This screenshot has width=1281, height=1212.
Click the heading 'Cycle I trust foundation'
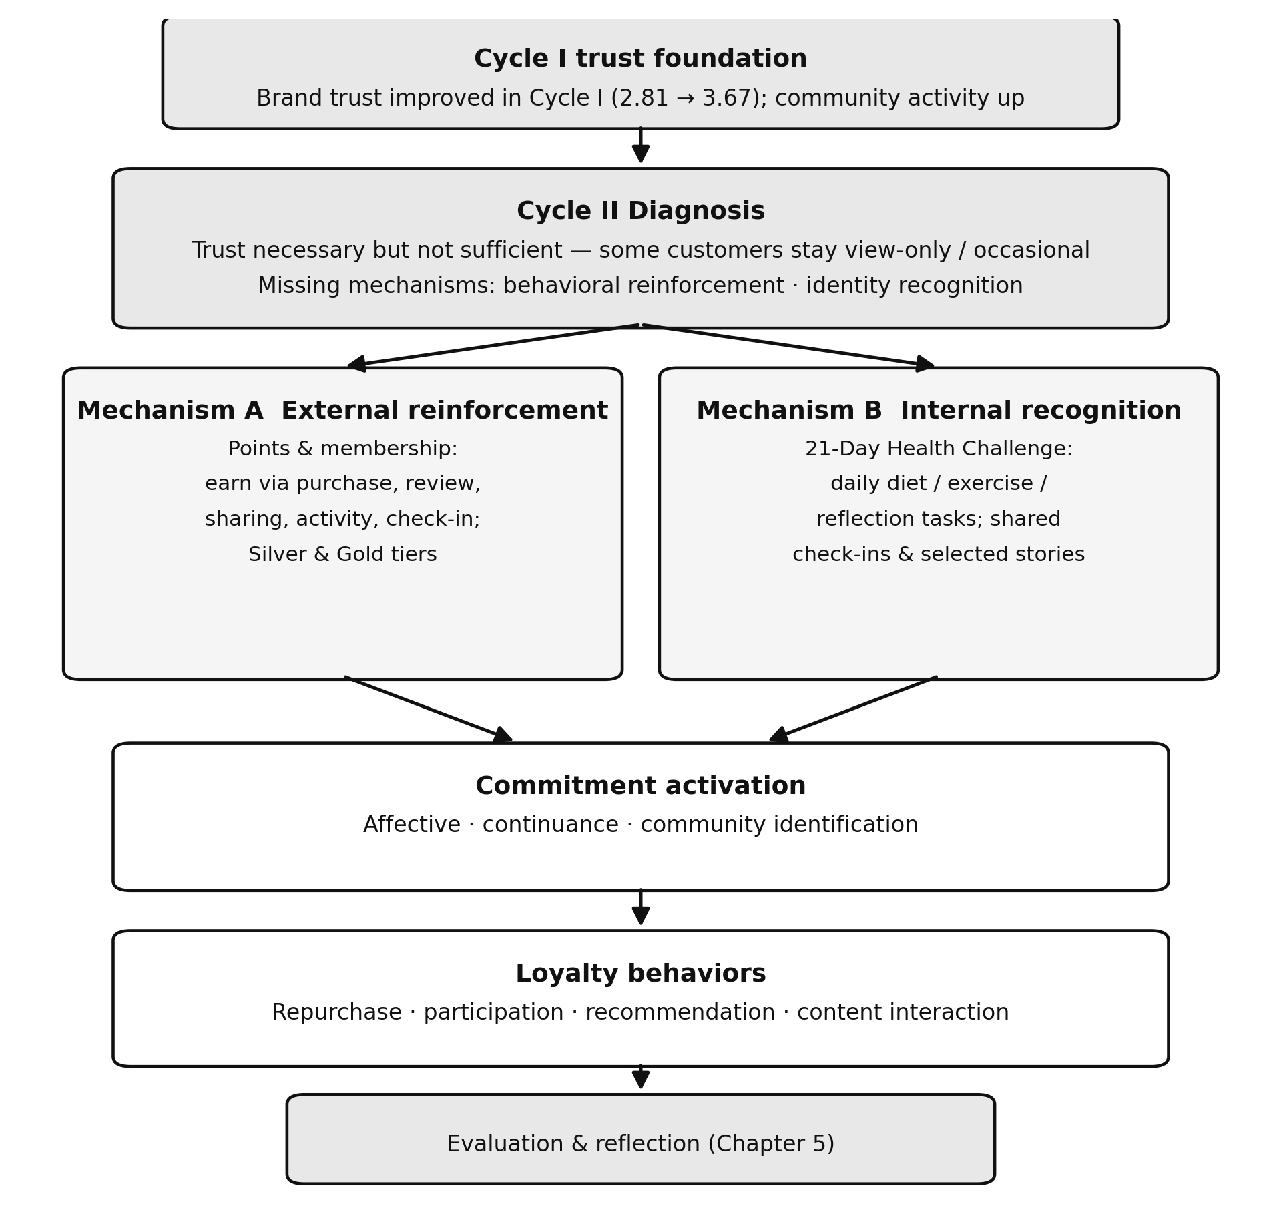(640, 59)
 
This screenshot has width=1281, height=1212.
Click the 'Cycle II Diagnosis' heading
(641, 212)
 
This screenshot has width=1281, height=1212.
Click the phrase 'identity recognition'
(915, 286)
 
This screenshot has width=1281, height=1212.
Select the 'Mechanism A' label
(170, 411)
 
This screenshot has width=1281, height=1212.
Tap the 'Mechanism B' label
(789, 411)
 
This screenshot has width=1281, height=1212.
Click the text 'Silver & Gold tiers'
(342, 554)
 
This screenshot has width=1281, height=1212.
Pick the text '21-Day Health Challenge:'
(939, 449)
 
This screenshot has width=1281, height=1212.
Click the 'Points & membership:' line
(342, 449)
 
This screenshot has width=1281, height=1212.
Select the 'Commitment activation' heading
(641, 786)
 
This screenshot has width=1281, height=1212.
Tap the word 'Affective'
(412, 825)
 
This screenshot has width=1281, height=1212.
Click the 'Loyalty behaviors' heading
(641, 974)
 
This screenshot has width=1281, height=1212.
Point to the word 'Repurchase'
(336, 1013)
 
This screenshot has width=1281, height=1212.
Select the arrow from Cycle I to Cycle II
(641, 145)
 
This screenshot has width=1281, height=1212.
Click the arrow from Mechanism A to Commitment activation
(429, 709)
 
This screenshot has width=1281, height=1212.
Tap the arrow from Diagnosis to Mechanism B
(788, 345)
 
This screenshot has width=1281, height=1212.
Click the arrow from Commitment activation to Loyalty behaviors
(641, 907)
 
